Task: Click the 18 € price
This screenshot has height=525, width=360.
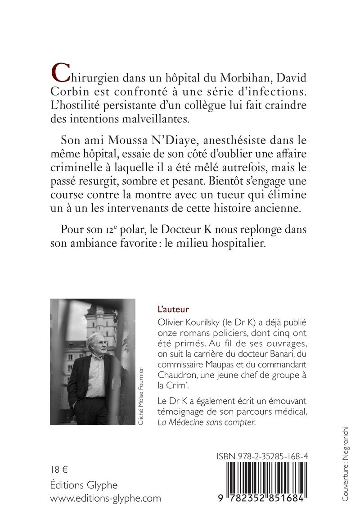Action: pyautogui.click(x=59, y=470)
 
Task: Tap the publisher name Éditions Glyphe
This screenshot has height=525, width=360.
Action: pyautogui.click(x=84, y=485)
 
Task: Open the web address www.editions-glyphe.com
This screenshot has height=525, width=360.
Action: pyautogui.click(x=105, y=498)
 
